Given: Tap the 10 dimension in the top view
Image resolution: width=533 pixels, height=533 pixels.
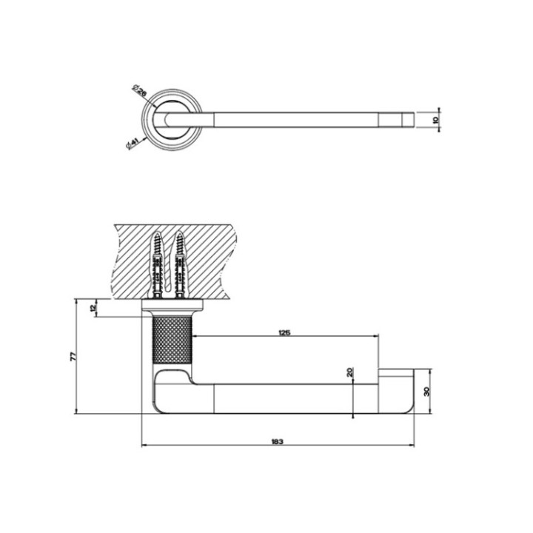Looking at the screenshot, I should (x=437, y=119).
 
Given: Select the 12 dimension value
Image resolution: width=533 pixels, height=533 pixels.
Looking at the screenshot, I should (x=93, y=308).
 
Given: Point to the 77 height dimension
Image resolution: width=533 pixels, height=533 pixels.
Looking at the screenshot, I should (x=73, y=356).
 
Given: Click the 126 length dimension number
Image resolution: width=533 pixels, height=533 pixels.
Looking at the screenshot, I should (x=285, y=332).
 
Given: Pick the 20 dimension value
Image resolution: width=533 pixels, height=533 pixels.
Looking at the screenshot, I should (x=350, y=373).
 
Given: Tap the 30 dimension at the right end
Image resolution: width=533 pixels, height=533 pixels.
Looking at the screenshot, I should (x=428, y=392).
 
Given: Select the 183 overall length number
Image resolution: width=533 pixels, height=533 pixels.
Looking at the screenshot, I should (x=277, y=442).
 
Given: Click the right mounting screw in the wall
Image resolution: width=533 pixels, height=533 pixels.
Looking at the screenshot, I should (x=180, y=266).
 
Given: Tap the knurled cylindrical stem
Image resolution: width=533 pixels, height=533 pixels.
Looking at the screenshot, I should (x=171, y=341).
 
